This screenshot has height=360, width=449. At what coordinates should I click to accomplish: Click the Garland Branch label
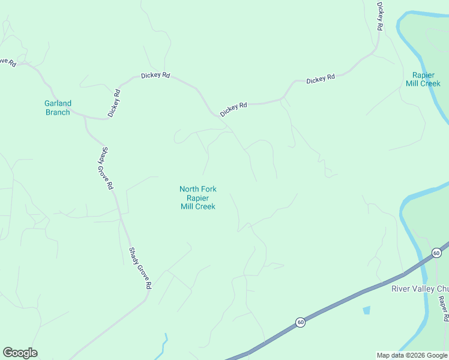[x=58, y=108]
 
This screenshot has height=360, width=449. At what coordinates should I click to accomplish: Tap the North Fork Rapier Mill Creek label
[x=198, y=198]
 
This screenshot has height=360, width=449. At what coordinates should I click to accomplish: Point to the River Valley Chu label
[x=420, y=289]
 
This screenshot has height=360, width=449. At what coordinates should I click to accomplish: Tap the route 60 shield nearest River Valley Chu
[x=436, y=253]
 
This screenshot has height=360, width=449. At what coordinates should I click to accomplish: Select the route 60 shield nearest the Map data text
[x=300, y=323]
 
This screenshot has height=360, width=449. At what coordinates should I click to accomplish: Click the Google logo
[x=20, y=353]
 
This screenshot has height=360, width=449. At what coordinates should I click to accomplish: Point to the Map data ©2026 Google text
[x=412, y=355]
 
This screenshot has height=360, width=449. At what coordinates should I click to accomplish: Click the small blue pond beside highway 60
[x=366, y=310]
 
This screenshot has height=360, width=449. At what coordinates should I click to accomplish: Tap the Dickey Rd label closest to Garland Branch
[x=114, y=103]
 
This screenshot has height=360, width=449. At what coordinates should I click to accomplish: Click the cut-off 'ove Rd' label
[x=7, y=62]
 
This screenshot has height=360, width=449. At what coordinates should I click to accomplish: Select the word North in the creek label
[x=189, y=190]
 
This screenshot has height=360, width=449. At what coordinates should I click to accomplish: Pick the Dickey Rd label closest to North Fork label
[x=234, y=109]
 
